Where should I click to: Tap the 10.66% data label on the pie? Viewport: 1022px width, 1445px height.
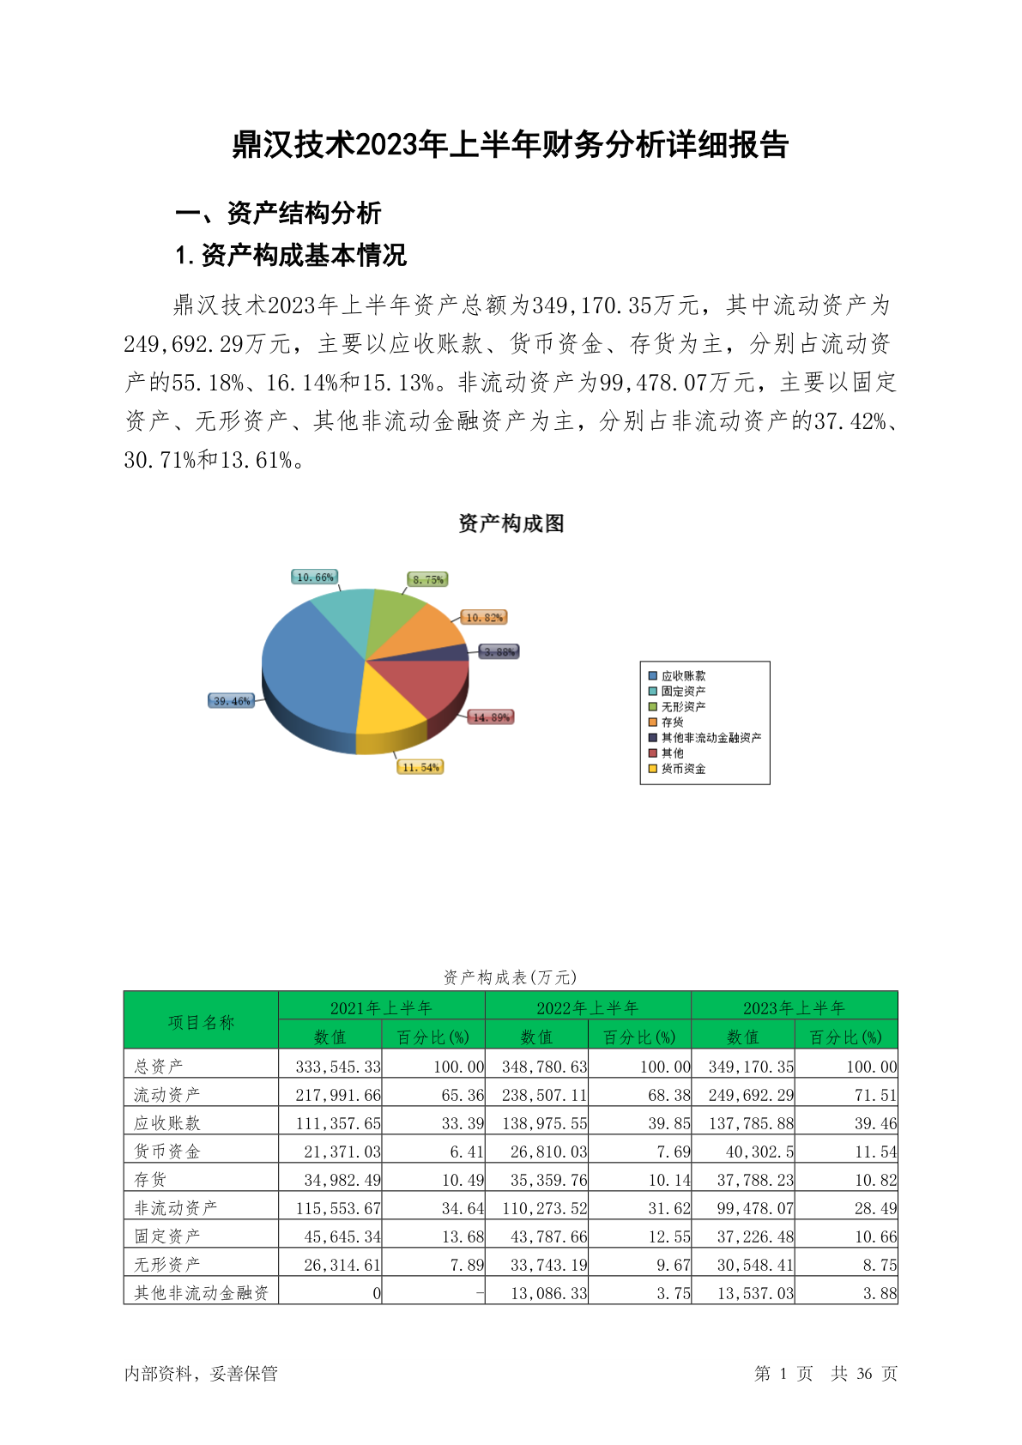pyautogui.click(x=315, y=577)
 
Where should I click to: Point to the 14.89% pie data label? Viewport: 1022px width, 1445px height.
pyautogui.click(x=491, y=717)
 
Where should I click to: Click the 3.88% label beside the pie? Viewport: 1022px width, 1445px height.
pyautogui.click(x=499, y=652)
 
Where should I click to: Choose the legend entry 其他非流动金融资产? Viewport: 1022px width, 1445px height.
pyautogui.click(x=711, y=738)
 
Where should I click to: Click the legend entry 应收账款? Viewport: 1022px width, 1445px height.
pyautogui.click(x=683, y=676)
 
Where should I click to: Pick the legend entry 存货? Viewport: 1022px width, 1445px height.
pyautogui.click(x=672, y=722)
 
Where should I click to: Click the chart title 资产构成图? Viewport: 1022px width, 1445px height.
pyautogui.click(x=511, y=523)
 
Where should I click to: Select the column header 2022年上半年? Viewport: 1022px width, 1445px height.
pyautogui.click(x=588, y=1007)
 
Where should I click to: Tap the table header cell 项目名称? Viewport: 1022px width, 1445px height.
pyautogui.click(x=201, y=1022)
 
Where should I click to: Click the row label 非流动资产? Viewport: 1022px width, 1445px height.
pyautogui.click(x=176, y=1208)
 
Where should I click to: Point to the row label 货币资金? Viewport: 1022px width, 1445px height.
pyautogui.click(x=167, y=1152)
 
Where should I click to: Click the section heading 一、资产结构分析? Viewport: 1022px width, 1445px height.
pyautogui.click(x=278, y=213)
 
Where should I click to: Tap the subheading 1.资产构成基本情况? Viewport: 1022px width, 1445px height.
pyautogui.click(x=291, y=255)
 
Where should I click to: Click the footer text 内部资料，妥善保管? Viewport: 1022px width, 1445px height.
pyautogui.click(x=201, y=1374)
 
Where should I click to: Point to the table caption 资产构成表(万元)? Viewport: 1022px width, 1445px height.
pyautogui.click(x=511, y=977)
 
